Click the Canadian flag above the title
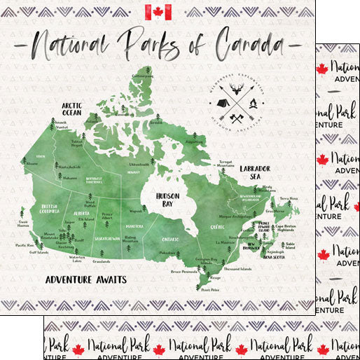(158, 12)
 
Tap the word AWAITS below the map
(107, 279)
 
